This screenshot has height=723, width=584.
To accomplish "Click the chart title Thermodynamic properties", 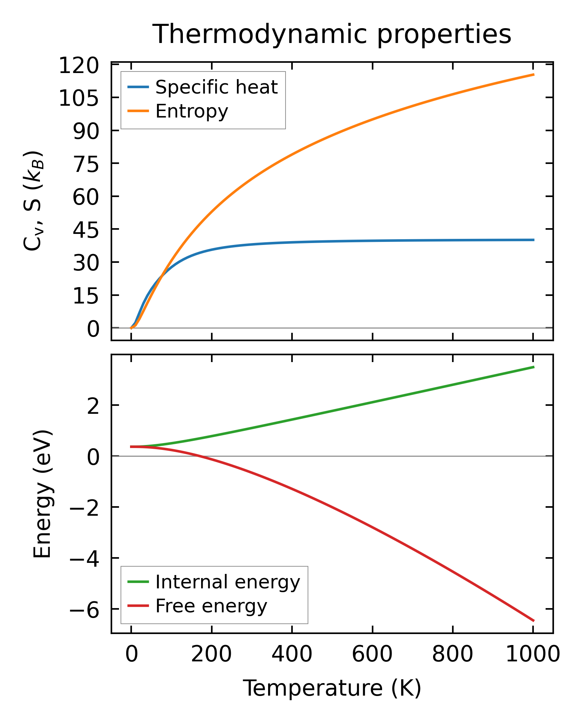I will (332, 34).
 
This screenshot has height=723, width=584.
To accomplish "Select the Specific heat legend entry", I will (216, 87).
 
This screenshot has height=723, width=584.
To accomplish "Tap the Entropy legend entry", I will (192, 111).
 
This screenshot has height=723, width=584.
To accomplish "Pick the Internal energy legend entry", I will (227, 582).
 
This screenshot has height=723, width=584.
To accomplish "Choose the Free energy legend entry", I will (211, 606).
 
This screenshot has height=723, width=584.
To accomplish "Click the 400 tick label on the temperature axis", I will (292, 655).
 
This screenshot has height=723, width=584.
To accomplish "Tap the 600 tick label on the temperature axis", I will (372, 655).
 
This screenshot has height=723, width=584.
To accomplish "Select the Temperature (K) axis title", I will (332, 688).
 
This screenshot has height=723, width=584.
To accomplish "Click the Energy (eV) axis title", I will (42, 494).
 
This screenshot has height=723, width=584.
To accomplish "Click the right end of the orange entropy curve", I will (534, 75).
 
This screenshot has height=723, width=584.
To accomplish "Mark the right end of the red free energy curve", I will (534, 621).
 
